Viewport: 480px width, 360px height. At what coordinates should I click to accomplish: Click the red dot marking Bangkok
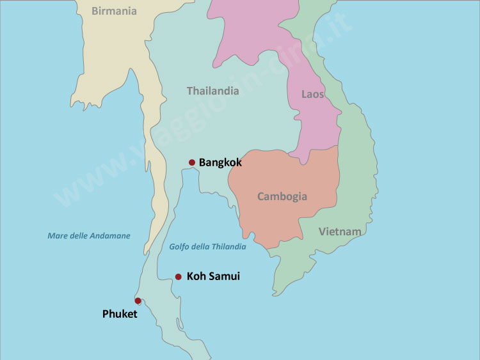coord(191,162)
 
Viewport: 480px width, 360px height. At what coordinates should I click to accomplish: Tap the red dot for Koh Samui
coord(179,277)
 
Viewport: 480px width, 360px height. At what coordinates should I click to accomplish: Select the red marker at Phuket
coord(138,301)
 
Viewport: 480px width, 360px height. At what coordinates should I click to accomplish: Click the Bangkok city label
coord(220,162)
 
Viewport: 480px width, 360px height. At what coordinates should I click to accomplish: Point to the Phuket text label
coord(120,314)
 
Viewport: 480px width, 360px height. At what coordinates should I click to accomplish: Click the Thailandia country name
coord(212,91)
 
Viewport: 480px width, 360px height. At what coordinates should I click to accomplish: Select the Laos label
coord(312,95)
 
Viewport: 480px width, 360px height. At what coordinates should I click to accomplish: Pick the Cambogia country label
coord(282,196)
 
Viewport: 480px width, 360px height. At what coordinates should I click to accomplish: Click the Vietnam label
coord(340,231)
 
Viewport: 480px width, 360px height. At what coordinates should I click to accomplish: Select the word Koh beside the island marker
coord(196,277)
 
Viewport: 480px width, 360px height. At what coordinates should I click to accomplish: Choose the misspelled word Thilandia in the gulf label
coord(227,247)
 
